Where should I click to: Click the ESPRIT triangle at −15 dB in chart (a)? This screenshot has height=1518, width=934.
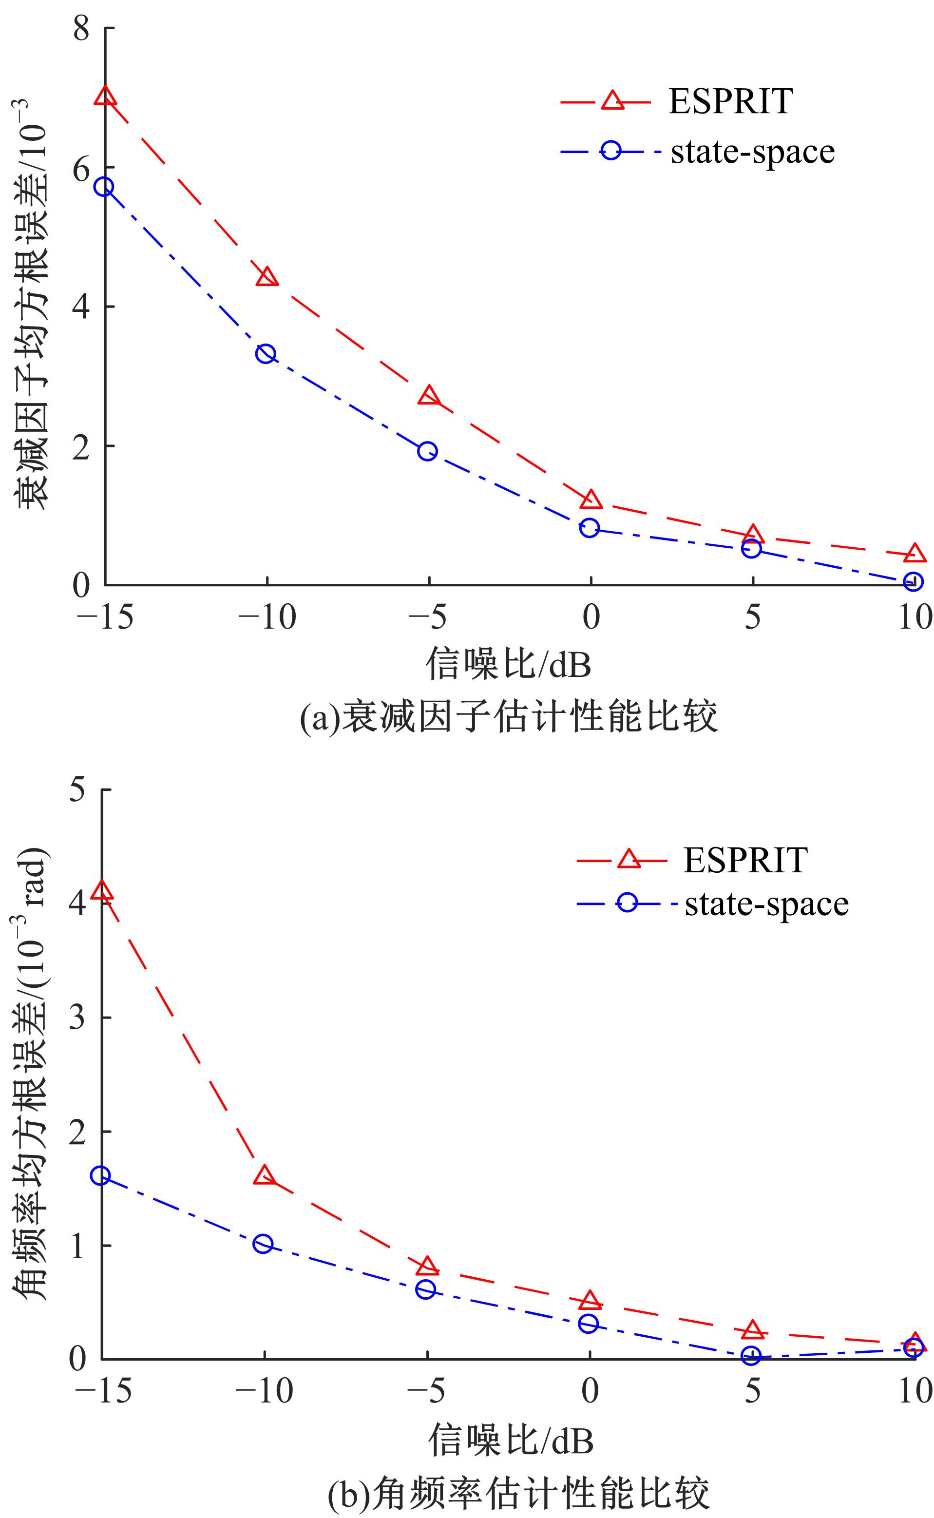pos(106,96)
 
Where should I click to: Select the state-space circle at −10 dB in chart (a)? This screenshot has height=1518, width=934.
pos(266,354)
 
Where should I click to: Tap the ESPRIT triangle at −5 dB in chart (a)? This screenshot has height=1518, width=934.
pos(429,396)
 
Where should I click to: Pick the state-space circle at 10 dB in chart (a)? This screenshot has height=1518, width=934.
pos(914,581)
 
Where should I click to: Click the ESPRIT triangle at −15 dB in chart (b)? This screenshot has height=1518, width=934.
pos(102,891)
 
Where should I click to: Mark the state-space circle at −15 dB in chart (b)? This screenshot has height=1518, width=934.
pos(101,1176)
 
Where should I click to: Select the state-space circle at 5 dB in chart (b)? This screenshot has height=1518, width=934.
pos(751,1356)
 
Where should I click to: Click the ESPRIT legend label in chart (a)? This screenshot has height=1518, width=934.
pos(731,101)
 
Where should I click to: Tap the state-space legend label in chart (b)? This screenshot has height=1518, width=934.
pos(766,904)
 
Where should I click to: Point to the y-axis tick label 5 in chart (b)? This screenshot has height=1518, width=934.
pos(77,790)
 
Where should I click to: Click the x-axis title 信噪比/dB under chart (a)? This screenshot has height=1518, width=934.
pos(508,665)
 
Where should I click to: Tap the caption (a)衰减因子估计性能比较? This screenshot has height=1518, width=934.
pos(508,717)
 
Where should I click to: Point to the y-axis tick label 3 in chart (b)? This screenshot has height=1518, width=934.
pos(77,1018)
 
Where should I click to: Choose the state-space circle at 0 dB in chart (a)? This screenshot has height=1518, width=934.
pos(590,528)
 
